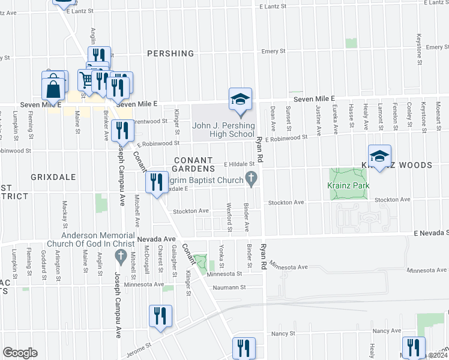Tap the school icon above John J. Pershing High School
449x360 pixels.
[240, 98]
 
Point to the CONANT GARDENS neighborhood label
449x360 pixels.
[193, 164]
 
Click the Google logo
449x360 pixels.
[20, 352]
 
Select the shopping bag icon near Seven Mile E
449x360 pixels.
[53, 89]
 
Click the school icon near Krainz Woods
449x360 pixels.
[379, 157]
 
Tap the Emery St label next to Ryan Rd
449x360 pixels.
[273, 52]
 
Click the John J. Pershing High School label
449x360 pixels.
[223, 130]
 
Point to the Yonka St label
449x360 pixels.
[221, 256]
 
